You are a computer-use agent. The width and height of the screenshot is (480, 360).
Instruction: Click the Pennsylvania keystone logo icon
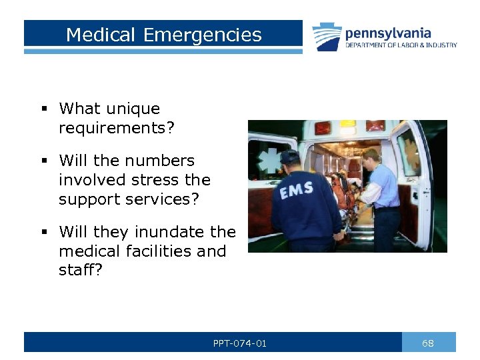(327, 37)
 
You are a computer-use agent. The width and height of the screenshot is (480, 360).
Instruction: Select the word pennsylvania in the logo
(387, 33)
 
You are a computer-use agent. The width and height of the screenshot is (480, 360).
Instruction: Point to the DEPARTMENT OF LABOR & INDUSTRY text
(401, 45)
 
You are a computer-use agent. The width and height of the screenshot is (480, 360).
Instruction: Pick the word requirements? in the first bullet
(116, 127)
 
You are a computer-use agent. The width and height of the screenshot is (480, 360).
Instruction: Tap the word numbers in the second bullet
(163, 161)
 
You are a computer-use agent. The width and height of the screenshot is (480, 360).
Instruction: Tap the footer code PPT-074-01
(240, 343)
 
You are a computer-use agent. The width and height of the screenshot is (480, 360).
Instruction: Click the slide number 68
(428, 343)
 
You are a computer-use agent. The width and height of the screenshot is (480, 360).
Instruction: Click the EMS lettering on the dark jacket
(297, 191)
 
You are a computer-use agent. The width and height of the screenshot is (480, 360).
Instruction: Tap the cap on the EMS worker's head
(289, 157)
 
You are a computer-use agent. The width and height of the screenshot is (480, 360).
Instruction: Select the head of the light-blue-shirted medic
(370, 159)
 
